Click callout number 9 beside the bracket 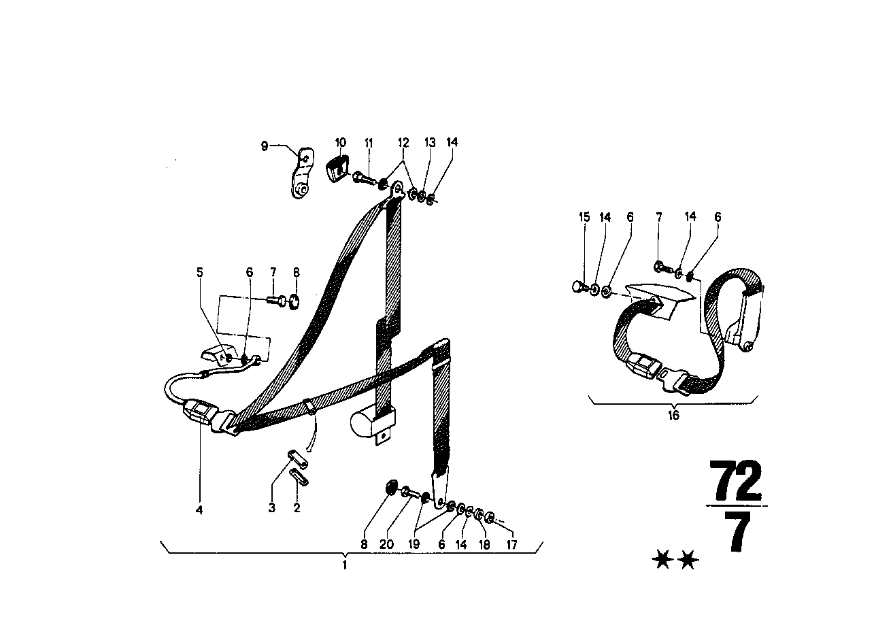pyautogui.click(x=265, y=146)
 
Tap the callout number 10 pyautogui.click(x=341, y=142)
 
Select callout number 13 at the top pyautogui.click(x=430, y=142)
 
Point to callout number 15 pyautogui.click(x=584, y=217)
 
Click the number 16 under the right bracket pyautogui.click(x=673, y=415)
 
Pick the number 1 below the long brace pyautogui.click(x=345, y=565)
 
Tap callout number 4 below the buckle pyautogui.click(x=199, y=510)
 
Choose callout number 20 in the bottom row pyautogui.click(x=386, y=544)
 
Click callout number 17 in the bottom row pyautogui.click(x=511, y=544)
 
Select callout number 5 pyautogui.click(x=200, y=272)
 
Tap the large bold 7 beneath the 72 pyautogui.click(x=737, y=532)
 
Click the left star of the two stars pyautogui.click(x=662, y=560)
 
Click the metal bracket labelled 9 pyautogui.click(x=302, y=173)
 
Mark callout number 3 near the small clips pyautogui.click(x=272, y=507)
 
